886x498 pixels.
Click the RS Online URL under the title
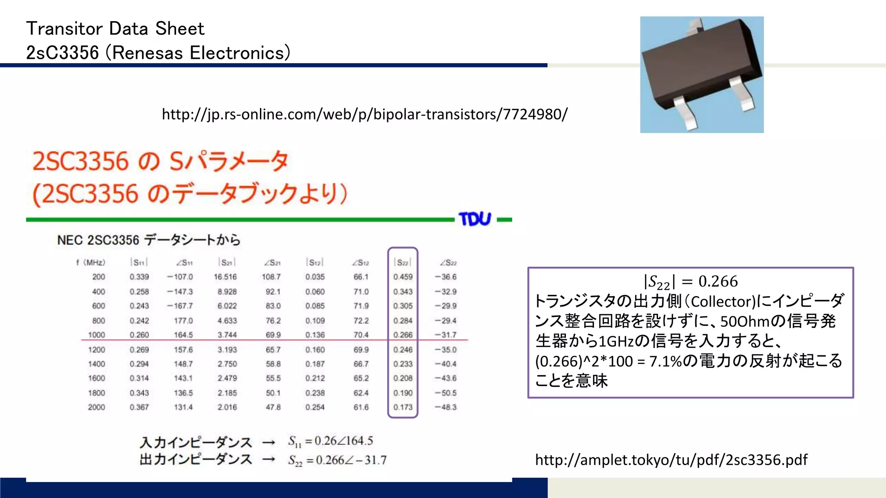coord(364,114)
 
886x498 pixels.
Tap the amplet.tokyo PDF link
coord(671,460)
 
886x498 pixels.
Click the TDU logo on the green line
coord(475,219)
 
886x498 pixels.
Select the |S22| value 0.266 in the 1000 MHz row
coord(403,335)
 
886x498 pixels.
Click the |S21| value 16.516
coord(225,277)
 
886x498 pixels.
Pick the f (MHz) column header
coord(91,262)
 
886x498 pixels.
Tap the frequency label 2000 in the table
coord(96,407)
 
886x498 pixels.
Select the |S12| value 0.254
coord(315,407)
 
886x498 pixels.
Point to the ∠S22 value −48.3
coord(446,407)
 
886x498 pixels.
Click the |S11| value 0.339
coord(139,277)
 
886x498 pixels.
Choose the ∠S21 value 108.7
coord(271,277)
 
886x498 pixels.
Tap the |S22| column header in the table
coord(402,262)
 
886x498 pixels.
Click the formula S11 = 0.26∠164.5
coord(331,441)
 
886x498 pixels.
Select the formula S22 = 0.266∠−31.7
coord(337,460)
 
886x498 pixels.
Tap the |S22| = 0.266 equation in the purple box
coord(690,282)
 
